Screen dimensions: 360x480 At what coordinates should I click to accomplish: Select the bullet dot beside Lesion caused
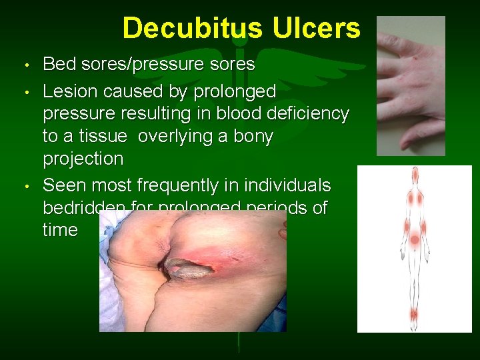(25, 91)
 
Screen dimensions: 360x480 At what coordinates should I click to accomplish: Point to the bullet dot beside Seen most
(25, 185)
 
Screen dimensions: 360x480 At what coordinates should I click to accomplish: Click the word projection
(83, 159)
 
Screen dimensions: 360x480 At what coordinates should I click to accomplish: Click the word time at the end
(60, 231)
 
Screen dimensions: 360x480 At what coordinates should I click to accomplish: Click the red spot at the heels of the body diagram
(415, 314)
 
